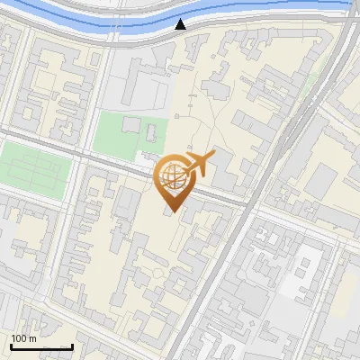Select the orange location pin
[x=174, y=181]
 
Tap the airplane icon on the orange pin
[x=199, y=162]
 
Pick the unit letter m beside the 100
[x=34, y=338]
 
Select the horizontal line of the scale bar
[x=41, y=346]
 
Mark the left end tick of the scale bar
[x=11, y=346]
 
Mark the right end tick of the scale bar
[x=72, y=346]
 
